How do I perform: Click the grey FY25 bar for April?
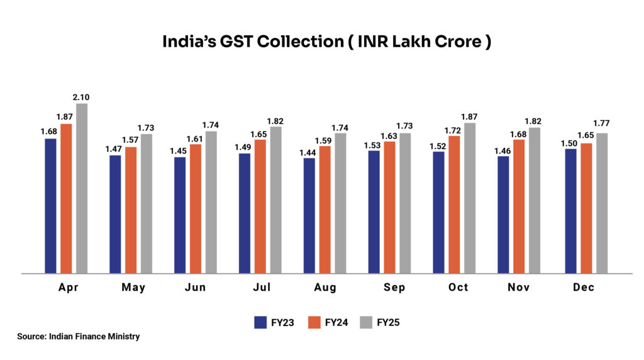pyautogui.click(x=82, y=189)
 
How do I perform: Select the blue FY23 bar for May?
pyautogui.click(x=115, y=214)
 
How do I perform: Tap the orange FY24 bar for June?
pyautogui.click(x=196, y=209)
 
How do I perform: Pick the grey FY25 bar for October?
pyautogui.click(x=470, y=198)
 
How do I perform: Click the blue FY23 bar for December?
pyautogui.click(x=571, y=211)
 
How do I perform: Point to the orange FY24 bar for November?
pyautogui.click(x=519, y=206)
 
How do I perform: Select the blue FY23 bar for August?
pyautogui.click(x=309, y=215)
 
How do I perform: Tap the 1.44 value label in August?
pyautogui.click(x=309, y=152)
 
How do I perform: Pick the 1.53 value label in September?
pyautogui.click(x=374, y=144)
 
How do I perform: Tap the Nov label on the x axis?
pyautogui.click(x=518, y=288)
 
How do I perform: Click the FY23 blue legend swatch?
pyautogui.click(x=261, y=323)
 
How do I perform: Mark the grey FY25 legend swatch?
pyautogui.click(x=367, y=323)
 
